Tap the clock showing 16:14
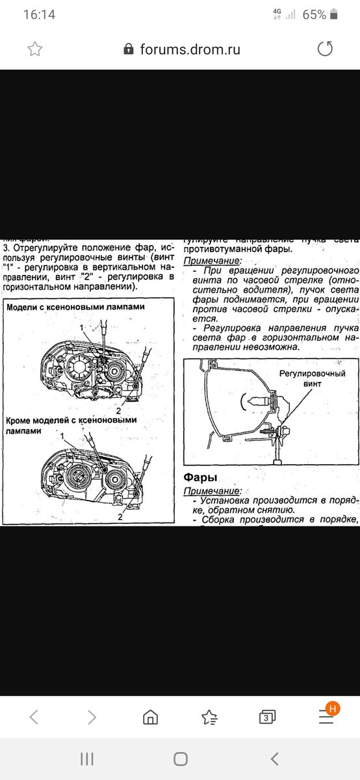click(x=39, y=14)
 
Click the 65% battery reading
click(x=314, y=14)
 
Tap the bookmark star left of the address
click(x=35, y=49)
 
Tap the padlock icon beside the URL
click(x=129, y=49)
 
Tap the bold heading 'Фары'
click(x=201, y=478)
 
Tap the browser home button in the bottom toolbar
click(x=150, y=717)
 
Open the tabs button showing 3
click(x=266, y=717)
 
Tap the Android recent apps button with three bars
click(x=86, y=759)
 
